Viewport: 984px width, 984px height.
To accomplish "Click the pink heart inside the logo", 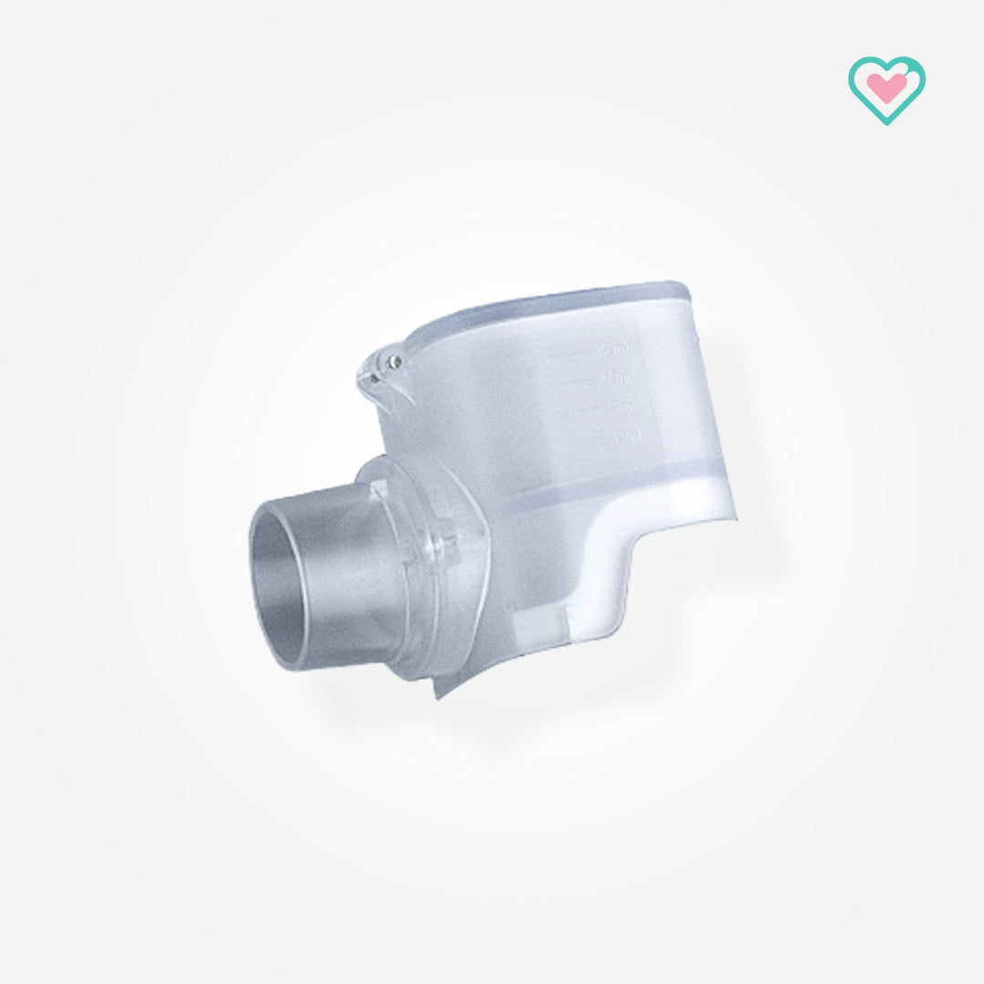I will (x=886, y=87).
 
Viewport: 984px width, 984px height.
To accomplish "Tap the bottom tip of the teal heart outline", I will (x=886, y=122).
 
